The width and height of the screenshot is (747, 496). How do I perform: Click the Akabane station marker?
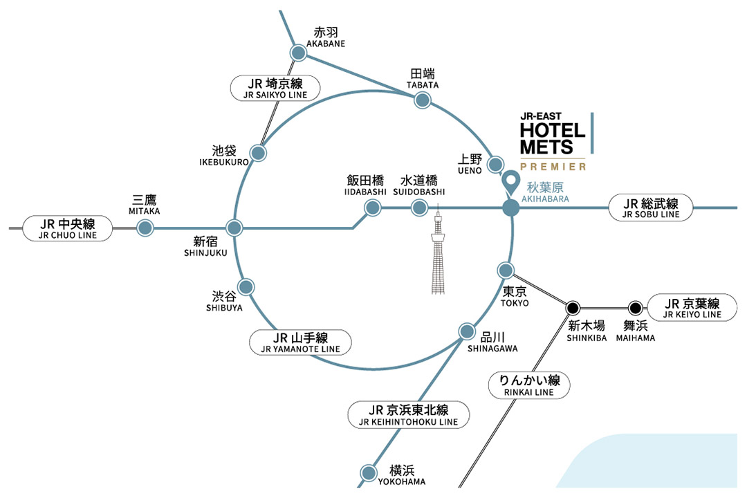coord(298,53)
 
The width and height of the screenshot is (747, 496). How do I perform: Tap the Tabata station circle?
coord(421,100)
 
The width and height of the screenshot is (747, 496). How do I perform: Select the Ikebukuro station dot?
coord(258,152)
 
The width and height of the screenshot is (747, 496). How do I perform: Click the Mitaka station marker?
coord(145,228)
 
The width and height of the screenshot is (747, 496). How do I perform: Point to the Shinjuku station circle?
coord(234,227)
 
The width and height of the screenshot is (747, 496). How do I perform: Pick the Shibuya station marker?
coord(246,286)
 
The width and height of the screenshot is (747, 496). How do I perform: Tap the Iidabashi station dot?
coord(373,207)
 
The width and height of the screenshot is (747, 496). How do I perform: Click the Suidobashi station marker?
coord(419,207)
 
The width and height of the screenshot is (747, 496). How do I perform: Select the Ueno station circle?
coord(496,165)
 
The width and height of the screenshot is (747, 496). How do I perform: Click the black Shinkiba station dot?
coord(573,308)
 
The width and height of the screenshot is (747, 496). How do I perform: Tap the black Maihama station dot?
coord(635,308)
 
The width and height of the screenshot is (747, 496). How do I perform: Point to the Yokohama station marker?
coord(368,474)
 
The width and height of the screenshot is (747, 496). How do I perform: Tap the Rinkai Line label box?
coord(530,385)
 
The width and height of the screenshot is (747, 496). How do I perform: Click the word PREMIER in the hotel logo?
coord(553,166)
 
